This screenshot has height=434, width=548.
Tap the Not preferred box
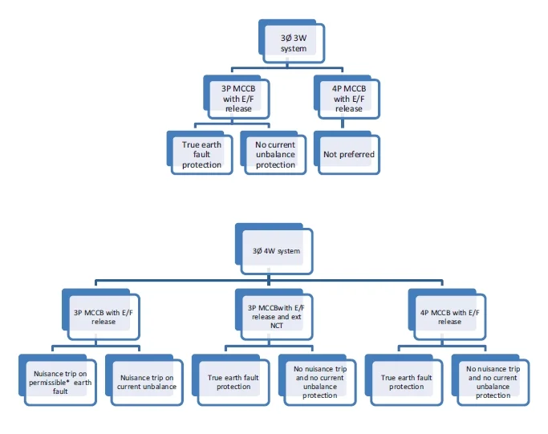tap(348, 154)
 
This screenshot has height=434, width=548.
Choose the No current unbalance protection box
tap(275, 154)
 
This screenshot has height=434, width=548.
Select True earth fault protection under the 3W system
tap(201, 154)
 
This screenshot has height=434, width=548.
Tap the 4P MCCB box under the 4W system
tap(449, 316)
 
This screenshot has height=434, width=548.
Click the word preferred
tap(357, 154)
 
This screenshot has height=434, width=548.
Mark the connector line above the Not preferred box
tap(343, 124)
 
